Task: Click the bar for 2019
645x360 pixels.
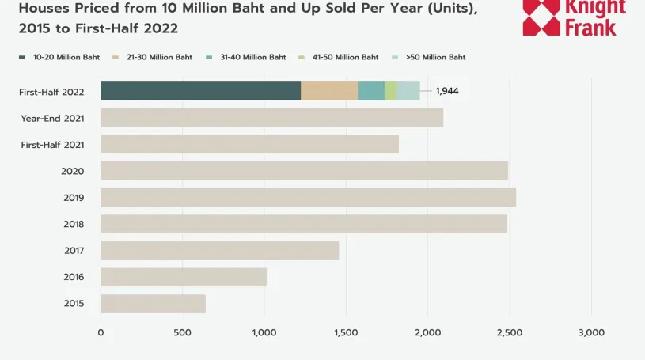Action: pos(308,197)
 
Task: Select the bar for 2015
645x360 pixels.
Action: pos(153,304)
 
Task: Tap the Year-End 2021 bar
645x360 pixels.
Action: pos(271,118)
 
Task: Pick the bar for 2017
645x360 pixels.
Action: pos(219,251)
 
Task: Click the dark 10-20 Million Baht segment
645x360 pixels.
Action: pos(200,91)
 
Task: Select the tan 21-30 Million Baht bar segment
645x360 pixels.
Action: pos(329,91)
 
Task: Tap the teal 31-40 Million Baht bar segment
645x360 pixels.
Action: pos(371,91)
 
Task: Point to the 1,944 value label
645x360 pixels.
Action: pos(447,91)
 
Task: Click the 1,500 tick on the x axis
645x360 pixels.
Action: pos(346,332)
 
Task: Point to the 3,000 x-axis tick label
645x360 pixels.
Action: pos(591,332)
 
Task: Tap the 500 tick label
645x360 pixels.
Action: pos(182,332)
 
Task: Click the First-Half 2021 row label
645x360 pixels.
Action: pos(52,145)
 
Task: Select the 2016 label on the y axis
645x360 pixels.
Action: pos(74,277)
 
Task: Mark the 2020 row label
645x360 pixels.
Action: pos(73,171)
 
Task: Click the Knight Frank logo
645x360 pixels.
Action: pos(574,18)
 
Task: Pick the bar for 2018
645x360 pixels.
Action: pos(303,224)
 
